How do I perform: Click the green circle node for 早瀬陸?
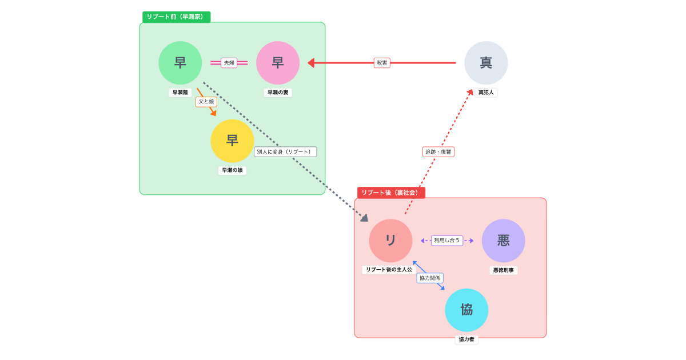coord(180,63)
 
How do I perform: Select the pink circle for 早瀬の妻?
coord(278,63)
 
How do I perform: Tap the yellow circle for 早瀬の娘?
coord(232,141)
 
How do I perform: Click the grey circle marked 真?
coord(486,63)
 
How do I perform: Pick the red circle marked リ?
coord(390,241)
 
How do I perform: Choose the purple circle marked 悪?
coord(503,241)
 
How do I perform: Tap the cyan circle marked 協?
coord(466,310)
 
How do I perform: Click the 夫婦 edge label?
coord(229,63)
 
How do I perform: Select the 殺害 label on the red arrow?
coord(382,63)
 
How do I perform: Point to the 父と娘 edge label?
coord(206,102)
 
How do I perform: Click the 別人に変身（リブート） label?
coord(285,152)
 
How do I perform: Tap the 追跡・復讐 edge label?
coord(438,152)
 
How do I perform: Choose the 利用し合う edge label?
coord(447,241)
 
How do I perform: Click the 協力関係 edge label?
coord(430,278)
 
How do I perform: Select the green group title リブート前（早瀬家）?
coord(176,17)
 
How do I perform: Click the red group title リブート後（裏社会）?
coord(391,193)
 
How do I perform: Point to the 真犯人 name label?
coord(486,93)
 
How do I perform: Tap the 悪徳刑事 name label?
coord(503,270)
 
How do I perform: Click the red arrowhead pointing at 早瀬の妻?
coord(311,63)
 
